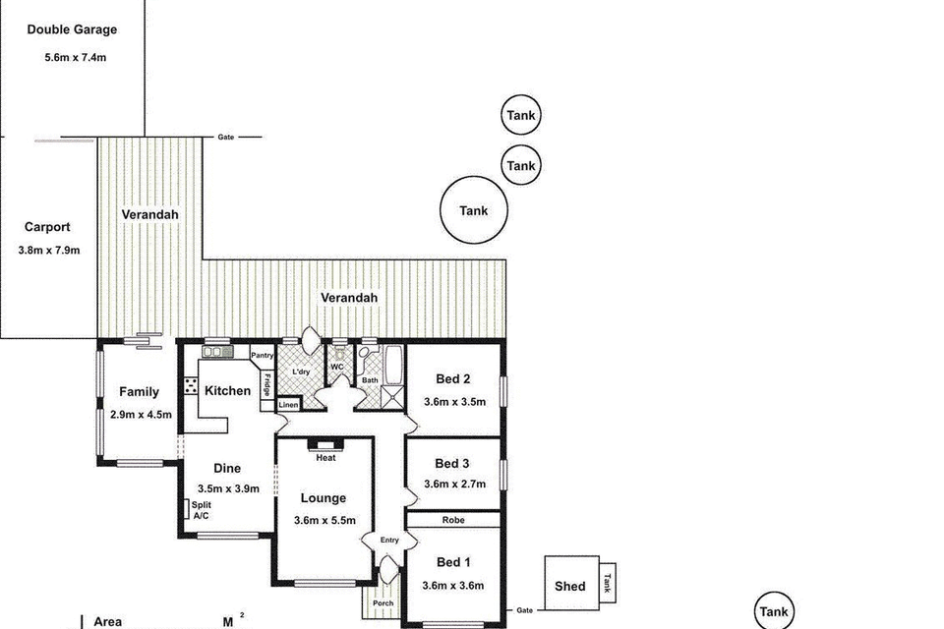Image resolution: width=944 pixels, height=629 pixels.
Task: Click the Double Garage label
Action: (72, 29)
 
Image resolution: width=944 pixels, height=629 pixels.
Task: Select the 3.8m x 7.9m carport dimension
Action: (49, 251)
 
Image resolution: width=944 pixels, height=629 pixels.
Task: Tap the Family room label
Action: (139, 392)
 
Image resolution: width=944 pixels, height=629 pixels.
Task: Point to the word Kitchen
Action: (227, 391)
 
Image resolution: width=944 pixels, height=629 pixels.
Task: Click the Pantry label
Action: (262, 356)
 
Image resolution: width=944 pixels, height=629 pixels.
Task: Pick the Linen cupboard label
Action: (288, 405)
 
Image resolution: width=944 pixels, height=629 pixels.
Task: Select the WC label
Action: (337, 367)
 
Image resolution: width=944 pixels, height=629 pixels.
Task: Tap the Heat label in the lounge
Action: (325, 458)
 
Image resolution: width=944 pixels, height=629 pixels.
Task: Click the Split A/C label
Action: (202, 510)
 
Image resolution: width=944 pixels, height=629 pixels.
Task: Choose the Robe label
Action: (452, 521)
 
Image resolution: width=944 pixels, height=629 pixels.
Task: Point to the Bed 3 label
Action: (452, 464)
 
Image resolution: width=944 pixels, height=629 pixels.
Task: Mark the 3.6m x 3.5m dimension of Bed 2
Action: (454, 402)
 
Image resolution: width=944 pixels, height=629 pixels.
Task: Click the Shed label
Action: (570, 587)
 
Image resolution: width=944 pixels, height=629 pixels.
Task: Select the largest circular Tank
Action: (474, 210)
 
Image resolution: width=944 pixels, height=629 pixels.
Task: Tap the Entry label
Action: (390, 540)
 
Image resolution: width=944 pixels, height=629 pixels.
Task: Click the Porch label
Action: (383, 603)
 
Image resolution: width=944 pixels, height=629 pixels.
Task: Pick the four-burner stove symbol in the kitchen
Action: (190, 386)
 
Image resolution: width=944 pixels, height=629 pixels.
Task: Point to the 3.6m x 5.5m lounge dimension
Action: (324, 521)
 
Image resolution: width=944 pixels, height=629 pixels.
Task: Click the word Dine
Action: (227, 469)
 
